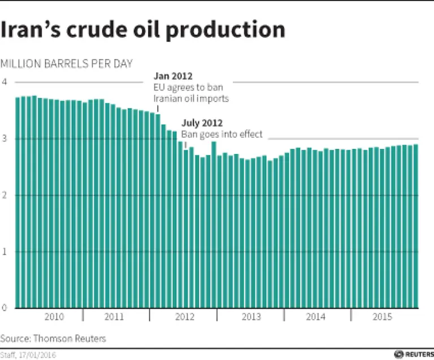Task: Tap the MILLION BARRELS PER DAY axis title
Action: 66,63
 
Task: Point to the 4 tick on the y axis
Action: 5,82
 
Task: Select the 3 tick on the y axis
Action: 5,138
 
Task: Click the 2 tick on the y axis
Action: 5,195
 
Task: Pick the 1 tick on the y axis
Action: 5,251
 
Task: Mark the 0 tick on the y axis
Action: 5,308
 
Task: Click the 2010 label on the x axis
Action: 54,317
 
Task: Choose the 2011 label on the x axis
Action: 115,317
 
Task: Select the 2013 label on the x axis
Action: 250,317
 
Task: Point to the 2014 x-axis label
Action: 316,317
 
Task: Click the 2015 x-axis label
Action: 383,317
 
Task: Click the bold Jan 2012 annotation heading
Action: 173,76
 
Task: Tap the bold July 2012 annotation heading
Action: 202,123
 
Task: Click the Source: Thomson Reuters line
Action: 53,339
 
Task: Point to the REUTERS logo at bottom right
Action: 414,354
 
